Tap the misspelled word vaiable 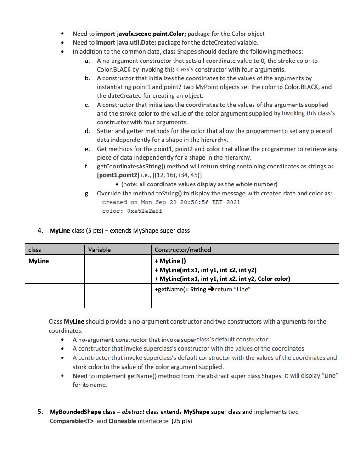[x=247, y=43]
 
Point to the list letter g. [x=87, y=193]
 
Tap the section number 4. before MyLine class [x=41, y=230]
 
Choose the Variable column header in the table [x=99, y=250]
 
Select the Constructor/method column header [x=183, y=250]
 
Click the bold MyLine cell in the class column [x=39, y=261]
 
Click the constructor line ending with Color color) [x=222, y=279]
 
